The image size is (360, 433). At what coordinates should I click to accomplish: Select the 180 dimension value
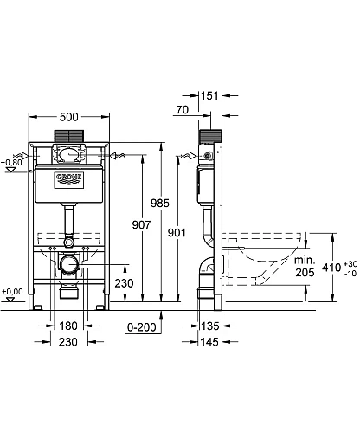[x=68, y=327]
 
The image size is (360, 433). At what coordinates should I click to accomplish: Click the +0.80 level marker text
[x=12, y=162]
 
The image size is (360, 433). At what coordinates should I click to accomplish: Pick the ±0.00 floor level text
[x=12, y=291]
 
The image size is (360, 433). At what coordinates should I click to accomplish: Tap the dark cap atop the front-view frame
[x=68, y=136]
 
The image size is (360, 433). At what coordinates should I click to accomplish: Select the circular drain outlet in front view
[x=68, y=266]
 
